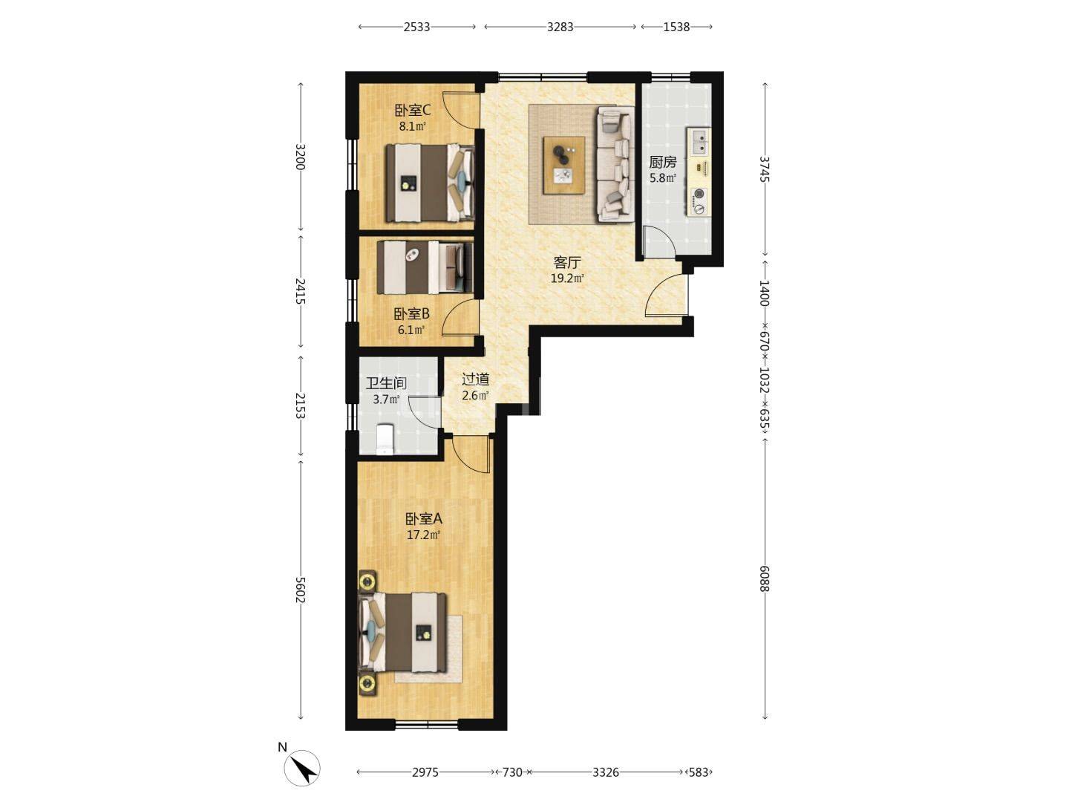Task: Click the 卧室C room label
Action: point(412,111)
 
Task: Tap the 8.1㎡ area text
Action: point(413,127)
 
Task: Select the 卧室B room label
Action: point(411,313)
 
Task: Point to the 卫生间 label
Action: point(386,383)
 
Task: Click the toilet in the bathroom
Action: point(385,439)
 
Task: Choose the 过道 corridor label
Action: point(475,379)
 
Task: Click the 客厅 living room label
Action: point(567,262)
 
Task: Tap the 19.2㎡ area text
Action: point(567,278)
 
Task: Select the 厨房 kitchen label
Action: point(662,162)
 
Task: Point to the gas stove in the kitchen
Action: point(699,201)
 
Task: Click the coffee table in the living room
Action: point(564,165)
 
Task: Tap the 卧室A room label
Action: point(424,518)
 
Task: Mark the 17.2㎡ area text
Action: point(424,535)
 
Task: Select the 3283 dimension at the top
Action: point(560,27)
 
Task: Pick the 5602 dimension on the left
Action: point(301,590)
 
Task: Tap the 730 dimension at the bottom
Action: point(511,772)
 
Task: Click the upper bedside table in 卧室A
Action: point(367,581)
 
